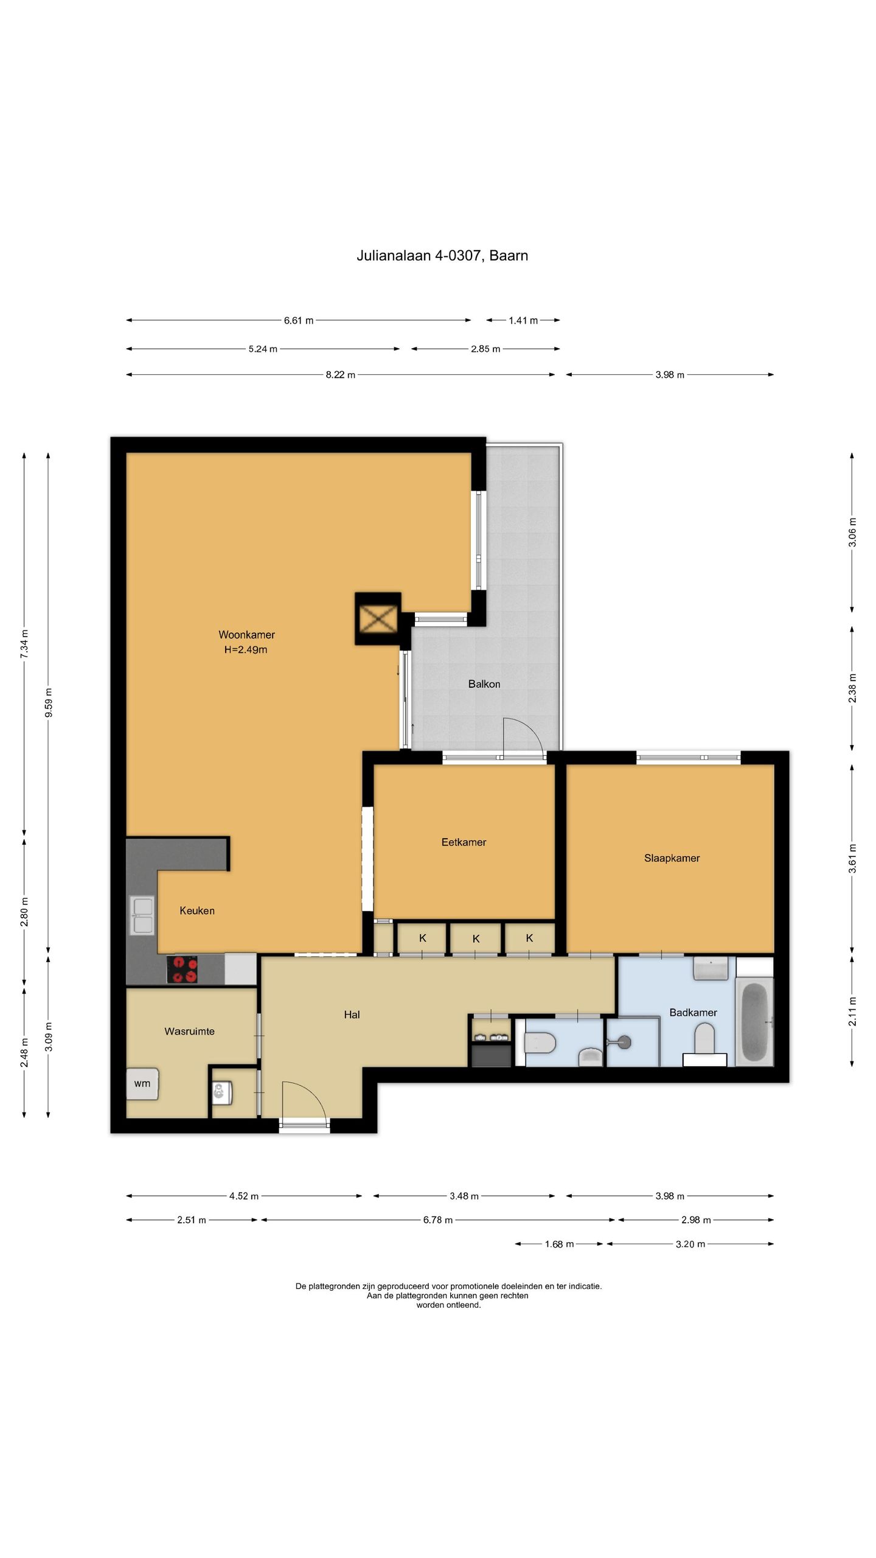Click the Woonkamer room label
246,635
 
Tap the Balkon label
484,684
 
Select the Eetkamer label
464,842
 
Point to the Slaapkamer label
672,858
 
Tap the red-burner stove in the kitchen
182,969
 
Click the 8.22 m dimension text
340,375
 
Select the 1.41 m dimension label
523,320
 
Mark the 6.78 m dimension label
438,1220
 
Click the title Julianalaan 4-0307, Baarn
442,256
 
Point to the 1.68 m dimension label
559,1244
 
